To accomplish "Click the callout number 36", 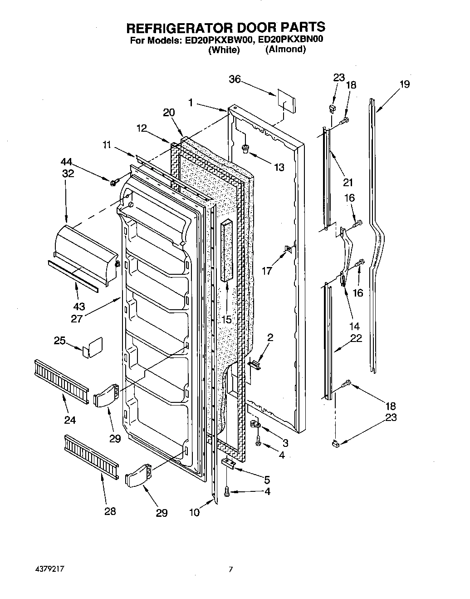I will [234, 79].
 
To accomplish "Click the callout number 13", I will [279, 167].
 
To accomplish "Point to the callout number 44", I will [67, 162].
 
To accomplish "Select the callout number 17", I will [267, 271].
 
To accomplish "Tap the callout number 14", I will [354, 326].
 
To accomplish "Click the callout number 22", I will [357, 339].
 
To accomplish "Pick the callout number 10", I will [194, 512].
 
